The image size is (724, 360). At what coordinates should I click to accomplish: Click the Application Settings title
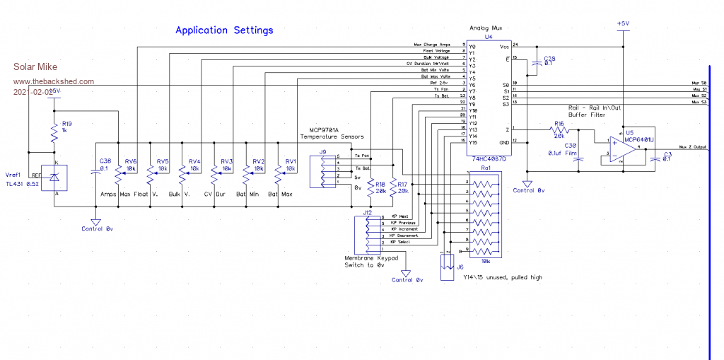tap(224, 30)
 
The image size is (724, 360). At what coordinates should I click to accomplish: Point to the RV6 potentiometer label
tap(131, 161)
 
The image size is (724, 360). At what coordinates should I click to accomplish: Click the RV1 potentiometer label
tap(289, 161)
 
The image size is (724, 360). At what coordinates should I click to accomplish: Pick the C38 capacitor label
tap(105, 161)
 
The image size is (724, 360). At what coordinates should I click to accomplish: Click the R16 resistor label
tap(559, 123)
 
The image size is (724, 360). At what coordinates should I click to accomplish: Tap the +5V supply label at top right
tap(622, 23)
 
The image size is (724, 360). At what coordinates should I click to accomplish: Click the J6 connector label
tap(460, 267)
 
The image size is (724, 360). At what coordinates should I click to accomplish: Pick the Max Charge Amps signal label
tap(432, 45)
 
